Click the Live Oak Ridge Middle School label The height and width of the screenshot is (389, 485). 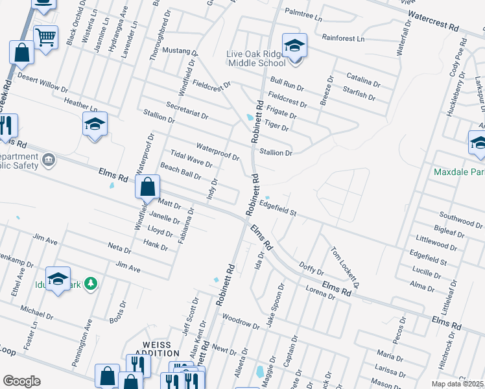(257, 58)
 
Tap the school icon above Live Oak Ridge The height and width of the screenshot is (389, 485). (294, 45)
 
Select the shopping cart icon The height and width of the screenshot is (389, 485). (45, 38)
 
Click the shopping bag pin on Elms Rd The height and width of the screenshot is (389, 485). (148, 187)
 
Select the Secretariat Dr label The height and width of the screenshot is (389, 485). (187, 111)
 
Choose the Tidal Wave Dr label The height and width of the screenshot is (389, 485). (191, 159)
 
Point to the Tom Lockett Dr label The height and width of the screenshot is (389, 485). (344, 267)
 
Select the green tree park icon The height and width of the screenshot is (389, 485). (92, 283)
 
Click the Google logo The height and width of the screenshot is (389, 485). (21, 381)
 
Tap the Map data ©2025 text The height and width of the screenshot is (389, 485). (457, 384)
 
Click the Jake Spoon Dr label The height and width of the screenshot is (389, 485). (274, 300)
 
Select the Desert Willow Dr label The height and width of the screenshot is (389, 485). (42, 82)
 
